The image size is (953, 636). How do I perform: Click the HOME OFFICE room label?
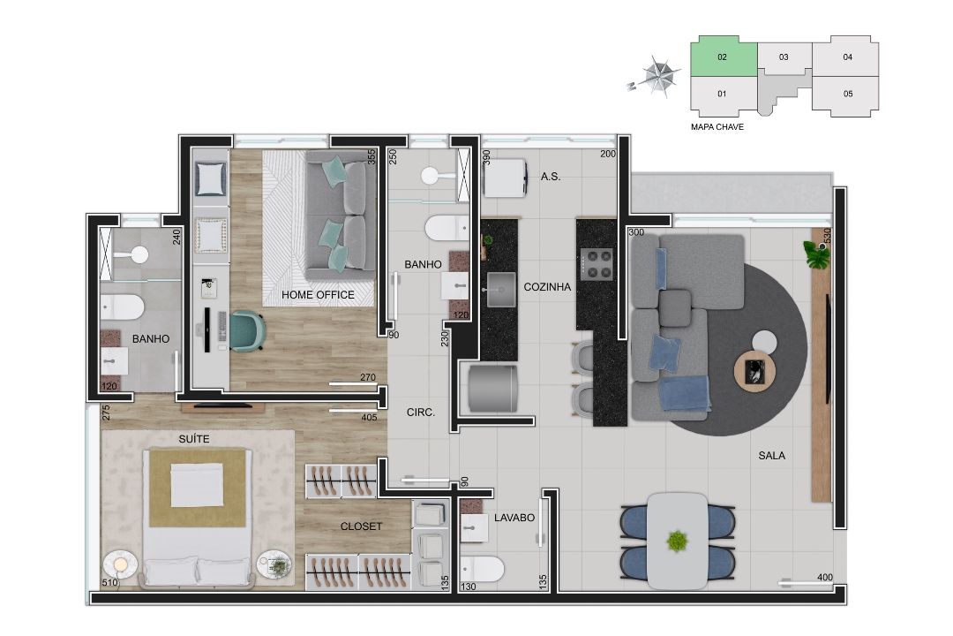318,295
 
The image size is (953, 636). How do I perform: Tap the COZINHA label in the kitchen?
547,287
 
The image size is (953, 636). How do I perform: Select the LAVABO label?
514,518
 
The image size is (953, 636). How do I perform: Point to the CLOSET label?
361,526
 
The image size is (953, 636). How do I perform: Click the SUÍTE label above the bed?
194,439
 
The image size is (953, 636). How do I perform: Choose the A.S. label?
551,177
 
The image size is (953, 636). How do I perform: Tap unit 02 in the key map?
724,56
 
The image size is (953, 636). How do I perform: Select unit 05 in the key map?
847,95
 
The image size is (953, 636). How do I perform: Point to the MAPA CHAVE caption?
717,127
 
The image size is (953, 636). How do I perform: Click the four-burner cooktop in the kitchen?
597,264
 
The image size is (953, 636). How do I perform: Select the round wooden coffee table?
754,371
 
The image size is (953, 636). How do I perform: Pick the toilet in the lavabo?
482,570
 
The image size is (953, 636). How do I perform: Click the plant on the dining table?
677,541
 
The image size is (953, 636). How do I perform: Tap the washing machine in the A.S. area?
505,178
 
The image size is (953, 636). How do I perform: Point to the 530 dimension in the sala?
827,236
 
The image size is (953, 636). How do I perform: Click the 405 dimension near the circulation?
369,418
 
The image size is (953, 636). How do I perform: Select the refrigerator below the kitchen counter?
493,389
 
